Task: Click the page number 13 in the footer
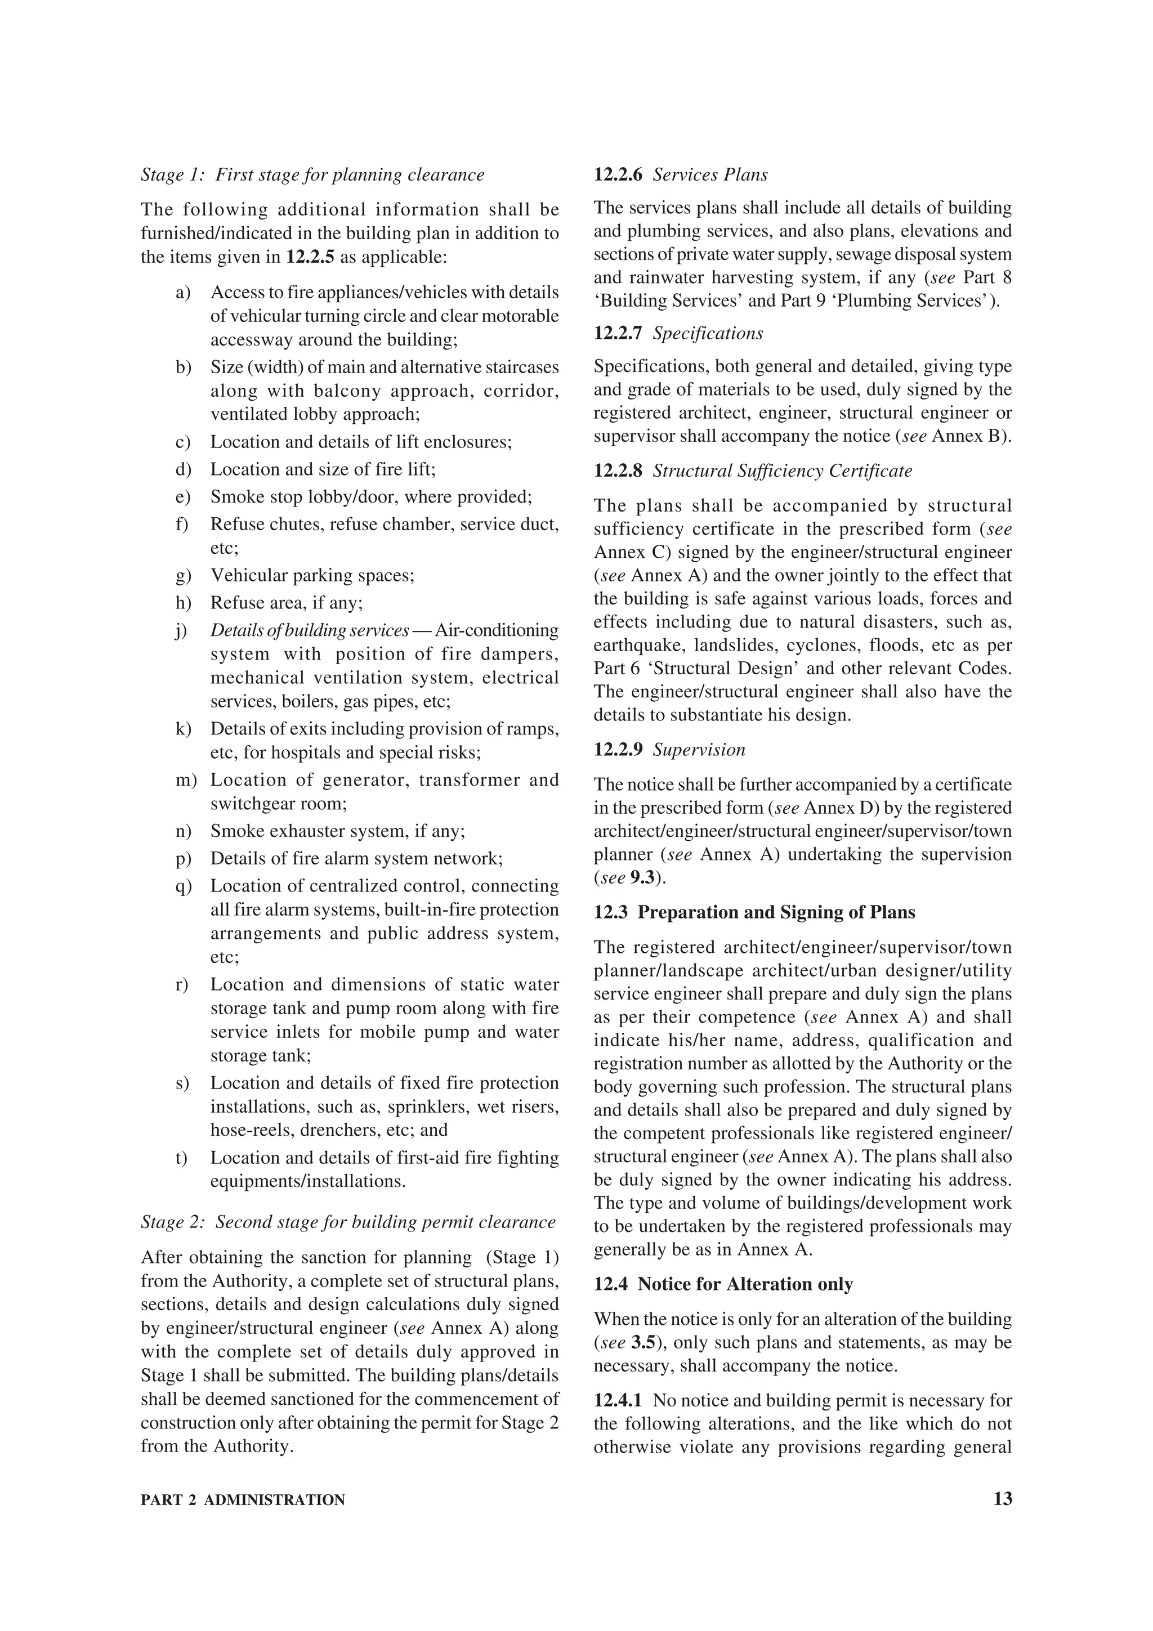1002,1499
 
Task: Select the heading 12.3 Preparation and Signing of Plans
754,912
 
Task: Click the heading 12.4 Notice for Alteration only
723,1284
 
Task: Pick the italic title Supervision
699,750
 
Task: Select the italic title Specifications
708,333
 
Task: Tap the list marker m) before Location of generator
185,780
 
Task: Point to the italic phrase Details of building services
309,631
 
